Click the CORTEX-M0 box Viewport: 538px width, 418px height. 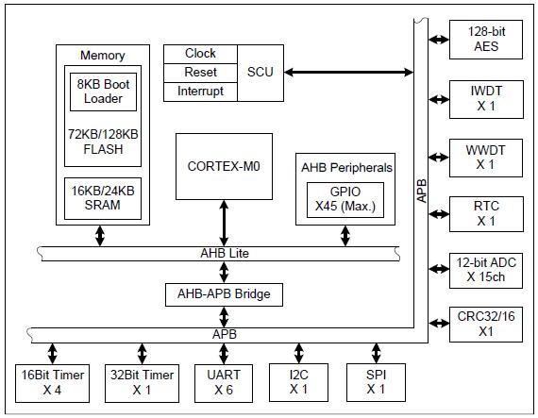224,166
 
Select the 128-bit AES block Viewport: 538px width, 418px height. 486,40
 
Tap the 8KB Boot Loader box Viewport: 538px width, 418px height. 103,92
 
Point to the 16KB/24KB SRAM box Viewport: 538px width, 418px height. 103,198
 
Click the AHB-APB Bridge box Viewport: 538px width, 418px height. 224,294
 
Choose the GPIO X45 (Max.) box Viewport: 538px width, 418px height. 345,200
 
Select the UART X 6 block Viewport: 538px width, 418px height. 224,383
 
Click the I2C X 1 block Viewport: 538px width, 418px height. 298,382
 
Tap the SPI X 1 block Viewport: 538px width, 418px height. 376,382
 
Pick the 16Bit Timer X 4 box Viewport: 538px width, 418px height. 52,383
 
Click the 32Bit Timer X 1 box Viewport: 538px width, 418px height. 142,383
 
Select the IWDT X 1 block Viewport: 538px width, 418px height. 486,99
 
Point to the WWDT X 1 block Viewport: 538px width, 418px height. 486,158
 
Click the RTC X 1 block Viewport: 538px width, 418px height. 486,214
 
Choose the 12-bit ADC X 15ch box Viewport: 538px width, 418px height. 486,271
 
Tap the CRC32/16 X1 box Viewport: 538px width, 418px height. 486,325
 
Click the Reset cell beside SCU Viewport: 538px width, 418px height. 200,73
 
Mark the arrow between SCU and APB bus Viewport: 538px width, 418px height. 348,72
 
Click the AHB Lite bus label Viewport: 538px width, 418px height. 225,254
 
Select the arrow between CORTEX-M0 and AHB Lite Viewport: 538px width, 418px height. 224,224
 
